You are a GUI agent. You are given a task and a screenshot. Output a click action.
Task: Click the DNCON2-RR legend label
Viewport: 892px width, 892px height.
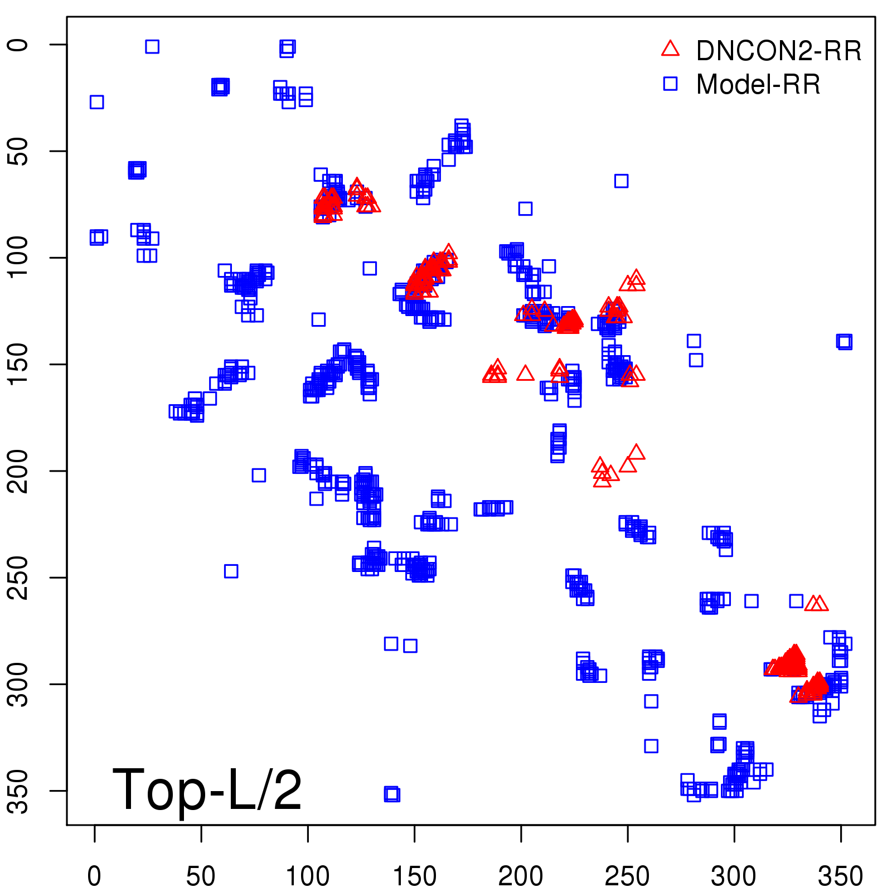(x=778, y=51)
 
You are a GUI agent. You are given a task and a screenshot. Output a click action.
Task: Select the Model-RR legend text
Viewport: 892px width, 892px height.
(x=758, y=85)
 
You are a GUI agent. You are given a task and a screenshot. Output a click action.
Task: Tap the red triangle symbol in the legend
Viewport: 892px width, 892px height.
(x=670, y=49)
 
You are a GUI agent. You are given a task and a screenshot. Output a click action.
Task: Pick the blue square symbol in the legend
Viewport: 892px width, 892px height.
(x=670, y=84)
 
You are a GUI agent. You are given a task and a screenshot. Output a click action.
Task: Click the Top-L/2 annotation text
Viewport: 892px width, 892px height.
(x=207, y=789)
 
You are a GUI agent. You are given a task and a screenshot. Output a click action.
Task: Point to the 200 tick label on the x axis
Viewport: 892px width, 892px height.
(x=521, y=876)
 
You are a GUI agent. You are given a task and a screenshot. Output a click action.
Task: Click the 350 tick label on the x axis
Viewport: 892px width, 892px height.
(x=840, y=876)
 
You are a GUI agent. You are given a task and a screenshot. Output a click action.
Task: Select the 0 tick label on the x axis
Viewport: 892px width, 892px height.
(x=94, y=876)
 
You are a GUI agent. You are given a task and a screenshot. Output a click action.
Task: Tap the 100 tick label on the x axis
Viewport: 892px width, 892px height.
(x=308, y=876)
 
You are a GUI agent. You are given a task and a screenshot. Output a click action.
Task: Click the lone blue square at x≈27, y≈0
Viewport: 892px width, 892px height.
(x=152, y=46)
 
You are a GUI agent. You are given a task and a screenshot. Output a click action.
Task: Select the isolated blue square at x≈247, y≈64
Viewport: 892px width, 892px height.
(x=621, y=181)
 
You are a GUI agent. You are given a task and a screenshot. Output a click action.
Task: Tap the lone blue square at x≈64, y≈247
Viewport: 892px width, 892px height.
(x=231, y=571)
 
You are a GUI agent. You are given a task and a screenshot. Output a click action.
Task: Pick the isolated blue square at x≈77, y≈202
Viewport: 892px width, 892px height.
(x=259, y=475)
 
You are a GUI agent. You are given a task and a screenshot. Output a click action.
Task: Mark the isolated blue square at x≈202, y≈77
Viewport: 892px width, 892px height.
(x=525, y=209)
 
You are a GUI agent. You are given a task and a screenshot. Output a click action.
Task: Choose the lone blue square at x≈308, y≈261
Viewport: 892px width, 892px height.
(x=752, y=601)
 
